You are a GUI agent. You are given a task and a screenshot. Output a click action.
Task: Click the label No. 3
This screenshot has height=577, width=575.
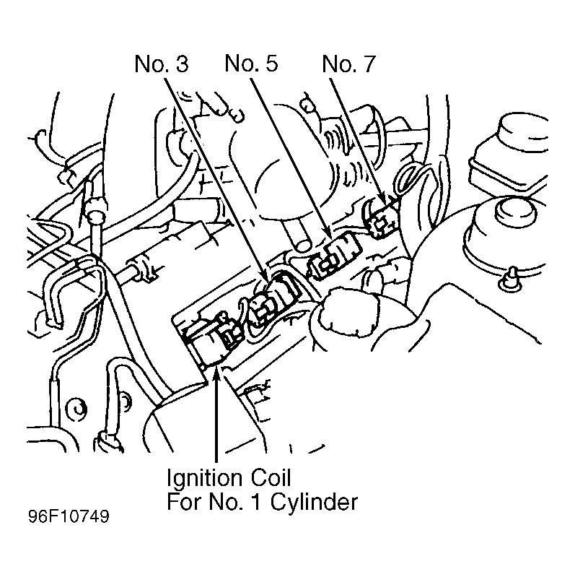[x=162, y=64]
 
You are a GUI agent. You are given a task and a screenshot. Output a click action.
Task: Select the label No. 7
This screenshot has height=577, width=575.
[x=349, y=64]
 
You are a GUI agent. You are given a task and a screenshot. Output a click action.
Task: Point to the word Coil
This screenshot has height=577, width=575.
[x=271, y=478]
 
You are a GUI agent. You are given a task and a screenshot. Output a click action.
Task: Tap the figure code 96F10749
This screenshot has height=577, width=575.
[x=69, y=516]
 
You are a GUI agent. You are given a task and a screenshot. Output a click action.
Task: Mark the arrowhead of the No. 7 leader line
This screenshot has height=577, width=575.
[x=382, y=198]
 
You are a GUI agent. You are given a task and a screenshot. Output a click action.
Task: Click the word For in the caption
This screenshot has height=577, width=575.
[x=185, y=502]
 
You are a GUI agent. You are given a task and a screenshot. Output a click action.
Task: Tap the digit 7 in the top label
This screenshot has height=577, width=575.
[x=369, y=64]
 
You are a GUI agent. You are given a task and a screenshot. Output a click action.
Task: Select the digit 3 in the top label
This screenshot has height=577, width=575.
[x=182, y=64]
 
